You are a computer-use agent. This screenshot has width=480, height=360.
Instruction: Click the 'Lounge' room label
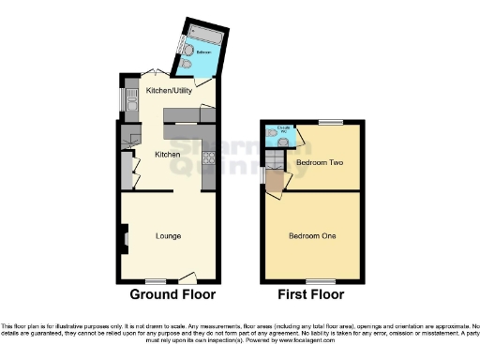tap(168, 235)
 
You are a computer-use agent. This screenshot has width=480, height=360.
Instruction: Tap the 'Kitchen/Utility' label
tap(170, 91)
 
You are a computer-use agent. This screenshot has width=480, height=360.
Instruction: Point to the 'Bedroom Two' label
tap(316, 162)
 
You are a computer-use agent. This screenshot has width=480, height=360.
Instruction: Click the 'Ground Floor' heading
tap(172, 294)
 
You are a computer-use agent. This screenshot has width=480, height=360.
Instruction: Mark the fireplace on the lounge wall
tap(124, 238)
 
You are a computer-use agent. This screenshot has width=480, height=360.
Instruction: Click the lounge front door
tap(187, 278)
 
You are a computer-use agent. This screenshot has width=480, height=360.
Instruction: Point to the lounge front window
tap(155, 280)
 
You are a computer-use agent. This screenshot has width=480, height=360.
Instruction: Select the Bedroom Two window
tap(330, 122)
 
